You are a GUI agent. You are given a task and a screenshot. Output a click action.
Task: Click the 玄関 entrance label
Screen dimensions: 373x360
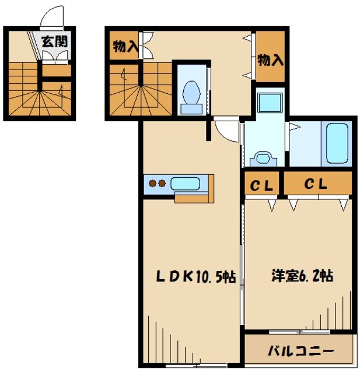pos(54,42)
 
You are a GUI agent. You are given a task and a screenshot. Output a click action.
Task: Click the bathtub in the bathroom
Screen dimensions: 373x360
pos(338,143)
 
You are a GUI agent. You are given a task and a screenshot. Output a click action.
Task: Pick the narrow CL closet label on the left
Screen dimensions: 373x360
pos(262,186)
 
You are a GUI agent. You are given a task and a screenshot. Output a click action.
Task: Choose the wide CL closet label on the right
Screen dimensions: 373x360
pos(316,185)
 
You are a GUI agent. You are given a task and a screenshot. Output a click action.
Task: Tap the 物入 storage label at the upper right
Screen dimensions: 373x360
pos(270,59)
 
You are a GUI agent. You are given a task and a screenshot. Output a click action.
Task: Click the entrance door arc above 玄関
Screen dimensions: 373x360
pos(52,17)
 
